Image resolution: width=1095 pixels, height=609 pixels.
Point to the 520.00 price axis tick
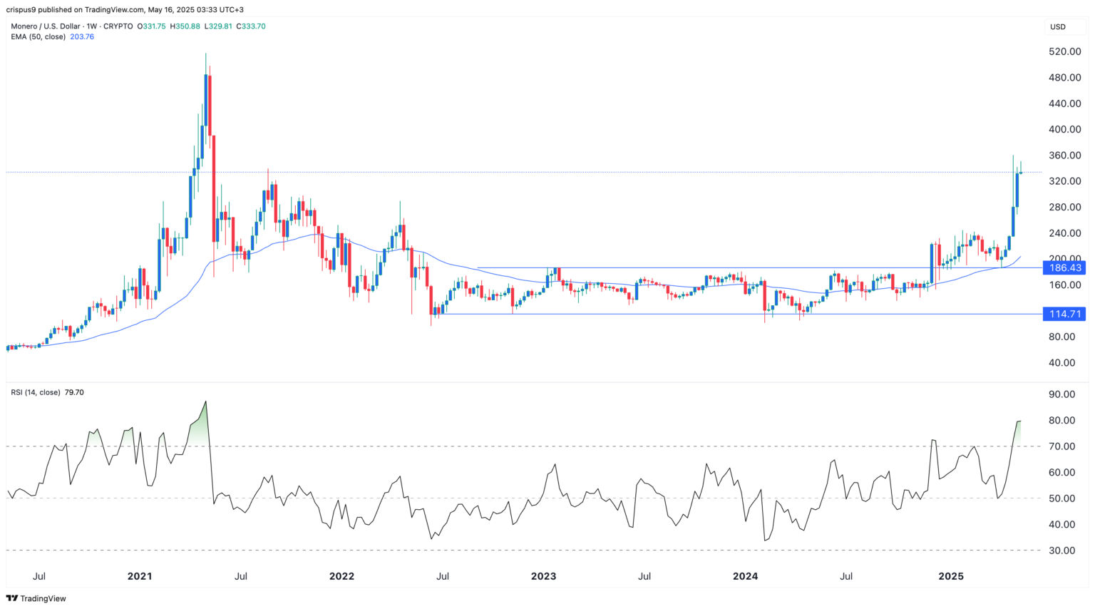[x=1064, y=52]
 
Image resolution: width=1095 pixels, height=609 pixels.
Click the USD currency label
[x=1057, y=27]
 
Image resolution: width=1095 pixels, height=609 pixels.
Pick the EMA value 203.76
[x=82, y=36]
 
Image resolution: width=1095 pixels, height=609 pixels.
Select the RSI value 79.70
[x=74, y=392]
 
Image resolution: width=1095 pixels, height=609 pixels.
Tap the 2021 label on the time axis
[x=140, y=576]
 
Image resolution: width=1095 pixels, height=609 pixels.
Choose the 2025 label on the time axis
[x=951, y=576]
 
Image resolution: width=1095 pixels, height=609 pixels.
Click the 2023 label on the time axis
[x=543, y=576]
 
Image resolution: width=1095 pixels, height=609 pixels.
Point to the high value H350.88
[x=185, y=26]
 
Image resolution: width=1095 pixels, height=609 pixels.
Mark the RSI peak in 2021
[x=205, y=401]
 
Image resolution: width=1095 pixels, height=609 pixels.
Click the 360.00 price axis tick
[x=1064, y=155]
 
